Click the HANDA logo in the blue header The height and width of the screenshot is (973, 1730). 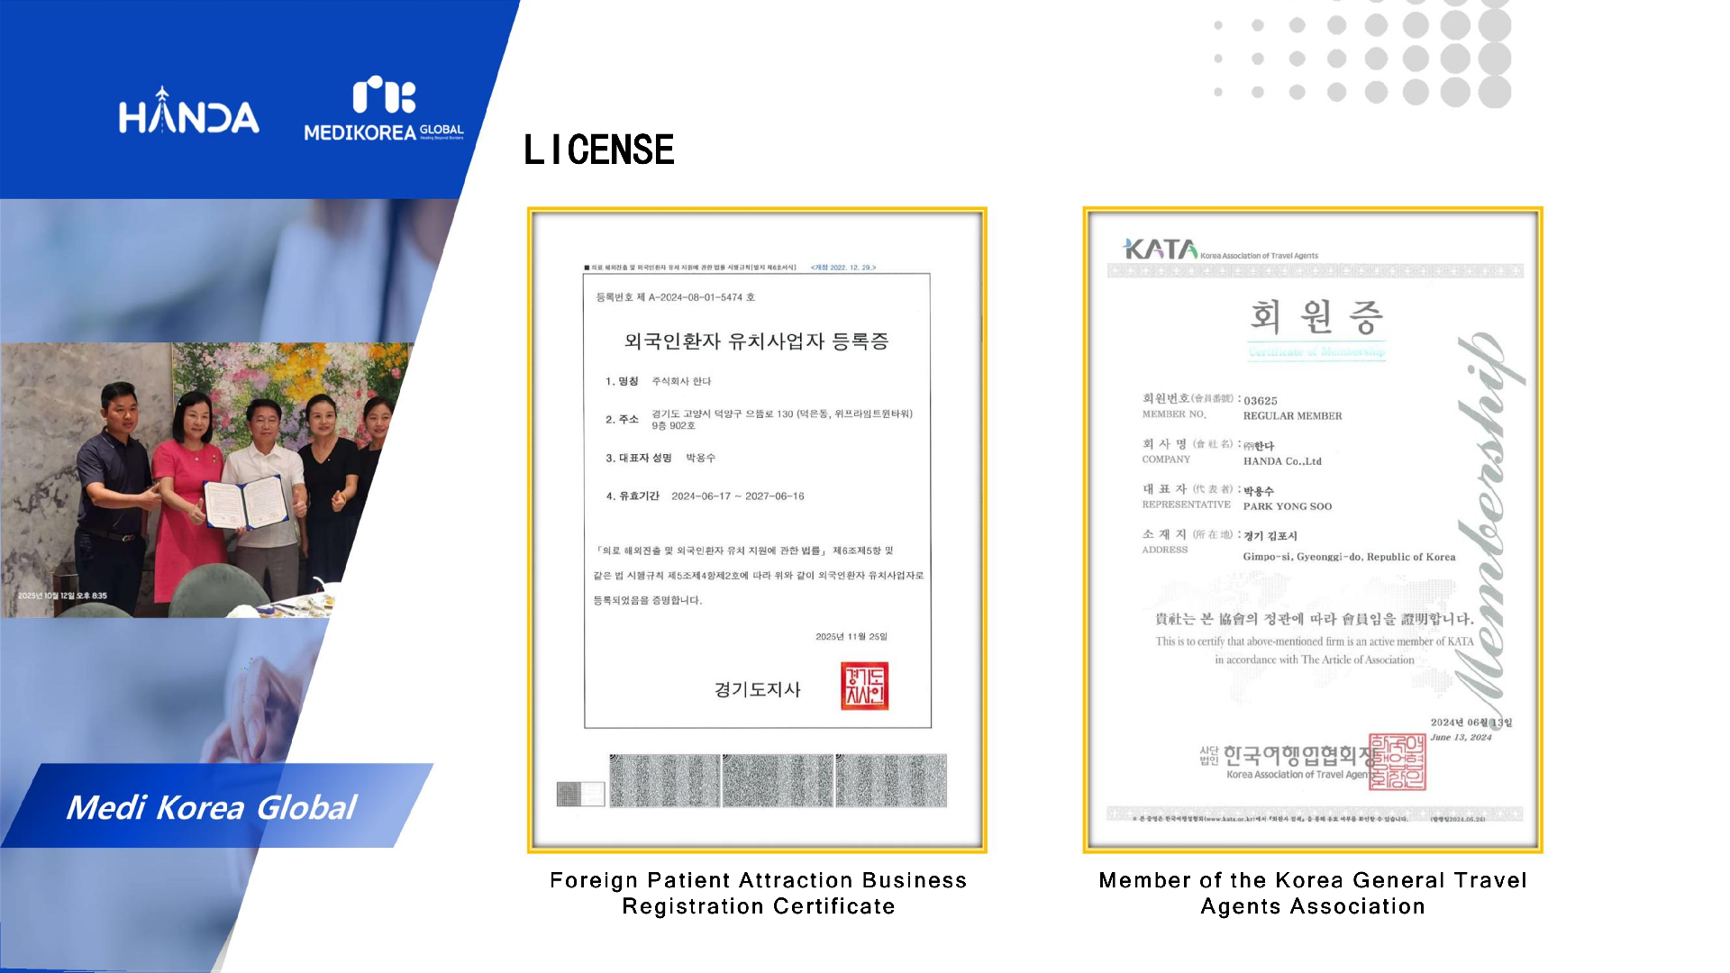tap(188, 113)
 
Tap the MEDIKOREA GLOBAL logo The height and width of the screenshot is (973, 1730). tap(384, 112)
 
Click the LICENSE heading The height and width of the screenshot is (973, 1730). tap(599, 150)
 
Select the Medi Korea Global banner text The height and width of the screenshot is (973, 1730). tap(212, 807)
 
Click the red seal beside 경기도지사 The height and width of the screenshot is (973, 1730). tap(864, 687)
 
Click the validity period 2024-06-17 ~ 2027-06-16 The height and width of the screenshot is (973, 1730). tap(737, 496)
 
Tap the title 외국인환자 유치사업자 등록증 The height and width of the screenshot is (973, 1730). tap(756, 341)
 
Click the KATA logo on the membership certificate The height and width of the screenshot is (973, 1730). tap(1160, 250)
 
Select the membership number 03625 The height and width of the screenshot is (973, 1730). tap(1261, 401)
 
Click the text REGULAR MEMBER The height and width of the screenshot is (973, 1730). tap(1292, 416)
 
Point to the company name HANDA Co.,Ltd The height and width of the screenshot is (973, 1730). tap(1282, 461)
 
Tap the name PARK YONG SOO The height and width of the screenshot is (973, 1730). tap(1287, 506)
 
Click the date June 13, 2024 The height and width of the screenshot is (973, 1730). tap(1461, 737)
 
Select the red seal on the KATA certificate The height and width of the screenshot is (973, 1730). tap(1397, 762)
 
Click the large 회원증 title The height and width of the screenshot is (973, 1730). tap(1316, 317)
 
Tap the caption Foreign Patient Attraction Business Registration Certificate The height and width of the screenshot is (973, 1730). tap(758, 893)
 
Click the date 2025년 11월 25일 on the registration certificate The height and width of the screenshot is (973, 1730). tap(851, 637)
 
